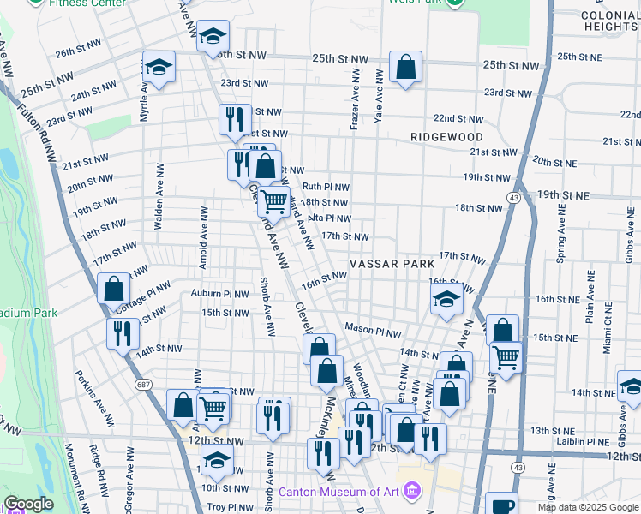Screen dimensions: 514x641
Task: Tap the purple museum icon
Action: (412, 492)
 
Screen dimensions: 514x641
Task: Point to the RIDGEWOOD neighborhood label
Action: (446, 137)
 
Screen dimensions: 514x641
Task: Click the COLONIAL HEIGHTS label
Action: (608, 21)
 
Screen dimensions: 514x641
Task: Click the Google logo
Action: (28, 505)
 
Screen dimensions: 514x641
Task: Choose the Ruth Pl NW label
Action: (326, 187)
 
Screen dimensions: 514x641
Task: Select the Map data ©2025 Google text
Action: (588, 507)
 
